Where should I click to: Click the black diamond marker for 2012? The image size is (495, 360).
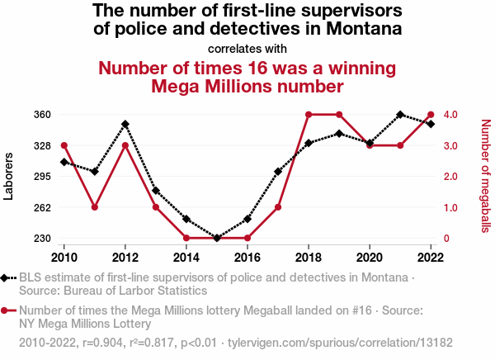[125, 124]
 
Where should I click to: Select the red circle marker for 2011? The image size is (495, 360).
[95, 207]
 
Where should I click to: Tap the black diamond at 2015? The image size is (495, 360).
[217, 238]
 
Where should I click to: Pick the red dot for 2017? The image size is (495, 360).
[278, 207]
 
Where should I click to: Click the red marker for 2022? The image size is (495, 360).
[431, 115]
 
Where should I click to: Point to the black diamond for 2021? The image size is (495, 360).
[400, 115]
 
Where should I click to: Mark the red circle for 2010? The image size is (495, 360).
[64, 145]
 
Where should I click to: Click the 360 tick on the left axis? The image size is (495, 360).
[42, 115]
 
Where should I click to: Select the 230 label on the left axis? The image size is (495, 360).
[42, 239]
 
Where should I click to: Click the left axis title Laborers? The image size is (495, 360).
[10, 177]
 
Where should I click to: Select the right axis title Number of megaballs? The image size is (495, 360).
[484, 176]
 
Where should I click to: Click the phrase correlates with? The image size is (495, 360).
[247, 49]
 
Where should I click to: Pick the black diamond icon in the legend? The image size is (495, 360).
[7, 278]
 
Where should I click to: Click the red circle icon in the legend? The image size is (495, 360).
[7, 310]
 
